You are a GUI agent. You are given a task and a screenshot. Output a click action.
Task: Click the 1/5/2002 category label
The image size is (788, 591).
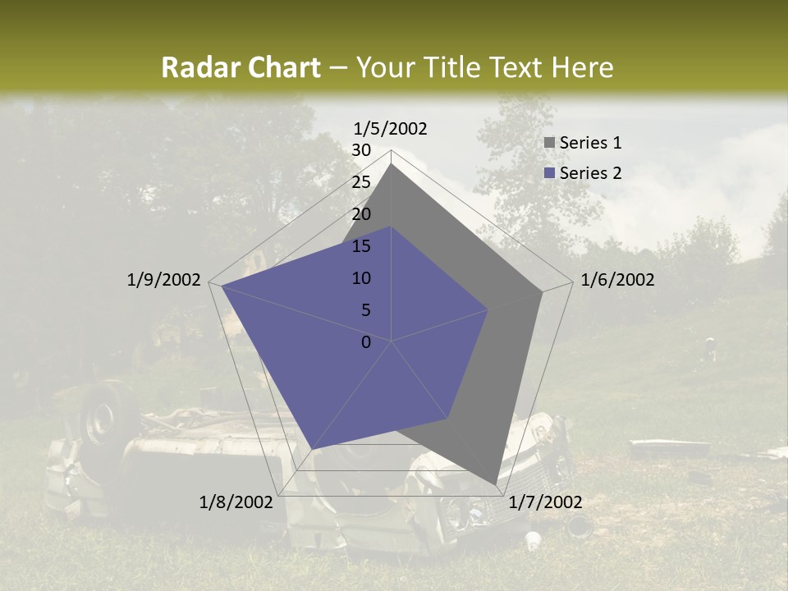(x=391, y=129)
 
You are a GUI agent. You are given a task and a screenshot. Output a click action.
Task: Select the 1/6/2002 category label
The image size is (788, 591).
(x=617, y=280)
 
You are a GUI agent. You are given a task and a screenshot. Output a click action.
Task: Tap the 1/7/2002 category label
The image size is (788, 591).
(x=545, y=502)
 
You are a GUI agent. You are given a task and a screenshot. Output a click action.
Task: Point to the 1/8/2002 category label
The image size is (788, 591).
(x=236, y=502)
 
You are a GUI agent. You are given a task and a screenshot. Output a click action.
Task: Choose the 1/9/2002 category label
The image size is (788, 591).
(x=164, y=280)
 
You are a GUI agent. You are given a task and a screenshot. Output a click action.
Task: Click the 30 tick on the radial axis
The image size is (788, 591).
(x=361, y=150)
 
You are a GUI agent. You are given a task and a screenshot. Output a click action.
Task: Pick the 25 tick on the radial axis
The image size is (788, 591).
(x=361, y=182)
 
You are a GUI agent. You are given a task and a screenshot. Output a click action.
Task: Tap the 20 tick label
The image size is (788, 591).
(x=361, y=214)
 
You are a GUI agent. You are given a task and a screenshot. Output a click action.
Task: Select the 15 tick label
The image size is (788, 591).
(x=361, y=246)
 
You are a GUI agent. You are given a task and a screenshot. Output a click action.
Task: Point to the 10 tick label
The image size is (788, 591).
(x=361, y=278)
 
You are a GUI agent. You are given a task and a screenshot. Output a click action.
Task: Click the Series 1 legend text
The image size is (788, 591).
(x=590, y=143)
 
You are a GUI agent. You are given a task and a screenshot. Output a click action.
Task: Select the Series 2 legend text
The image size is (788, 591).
(x=590, y=172)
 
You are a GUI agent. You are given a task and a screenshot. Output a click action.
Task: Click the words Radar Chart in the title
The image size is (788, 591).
(x=241, y=67)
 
